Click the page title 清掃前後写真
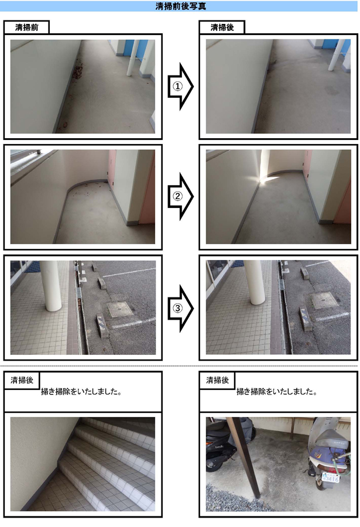(180, 6)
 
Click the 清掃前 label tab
(26, 27)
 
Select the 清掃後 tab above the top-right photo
(222, 27)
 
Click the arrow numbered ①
(180, 87)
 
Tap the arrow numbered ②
(180, 196)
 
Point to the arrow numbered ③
(180, 308)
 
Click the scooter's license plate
(330, 477)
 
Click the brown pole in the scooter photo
(244, 467)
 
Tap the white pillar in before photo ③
(51, 286)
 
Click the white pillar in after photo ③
(254, 282)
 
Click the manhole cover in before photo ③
(120, 309)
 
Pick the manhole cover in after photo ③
(324, 300)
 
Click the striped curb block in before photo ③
(102, 325)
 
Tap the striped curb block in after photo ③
(306, 319)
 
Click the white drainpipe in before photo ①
(132, 58)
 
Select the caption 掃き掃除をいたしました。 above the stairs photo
(81, 392)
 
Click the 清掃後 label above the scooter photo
(217, 380)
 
